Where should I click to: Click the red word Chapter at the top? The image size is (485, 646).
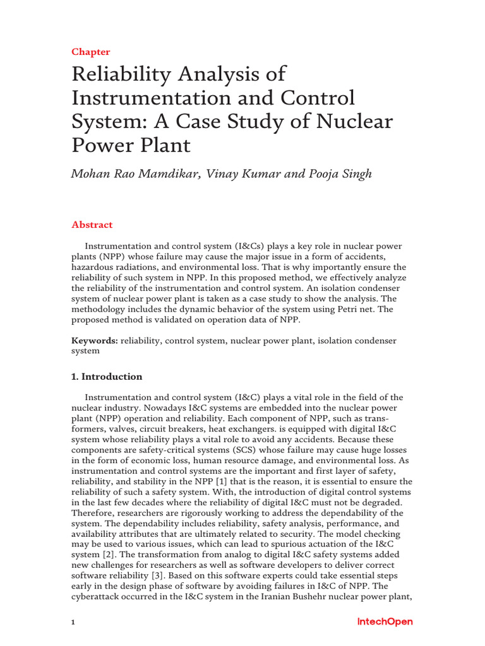(91, 52)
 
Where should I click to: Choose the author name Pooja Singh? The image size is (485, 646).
(341, 173)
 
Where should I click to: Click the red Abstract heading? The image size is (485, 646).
(92, 225)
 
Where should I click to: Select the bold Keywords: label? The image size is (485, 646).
(95, 341)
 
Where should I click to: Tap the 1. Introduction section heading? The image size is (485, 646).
(107, 377)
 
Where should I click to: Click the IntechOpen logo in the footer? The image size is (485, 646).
(385, 622)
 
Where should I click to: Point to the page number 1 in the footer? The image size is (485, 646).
(73, 623)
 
